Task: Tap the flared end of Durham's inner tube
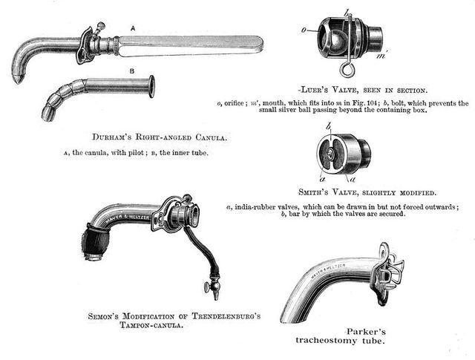point(151,86)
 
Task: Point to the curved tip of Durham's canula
point(17,76)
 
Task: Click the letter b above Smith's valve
point(328,127)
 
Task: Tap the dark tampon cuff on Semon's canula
point(97,244)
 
